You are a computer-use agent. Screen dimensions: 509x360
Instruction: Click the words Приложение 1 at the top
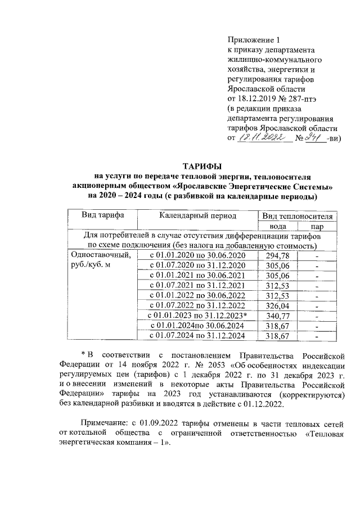click(x=253, y=39)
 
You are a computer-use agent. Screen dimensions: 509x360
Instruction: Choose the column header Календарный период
click(x=197, y=216)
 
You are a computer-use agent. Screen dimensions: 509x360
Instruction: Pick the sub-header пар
click(x=317, y=226)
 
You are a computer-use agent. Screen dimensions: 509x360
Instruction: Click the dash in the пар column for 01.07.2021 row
click(x=317, y=286)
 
